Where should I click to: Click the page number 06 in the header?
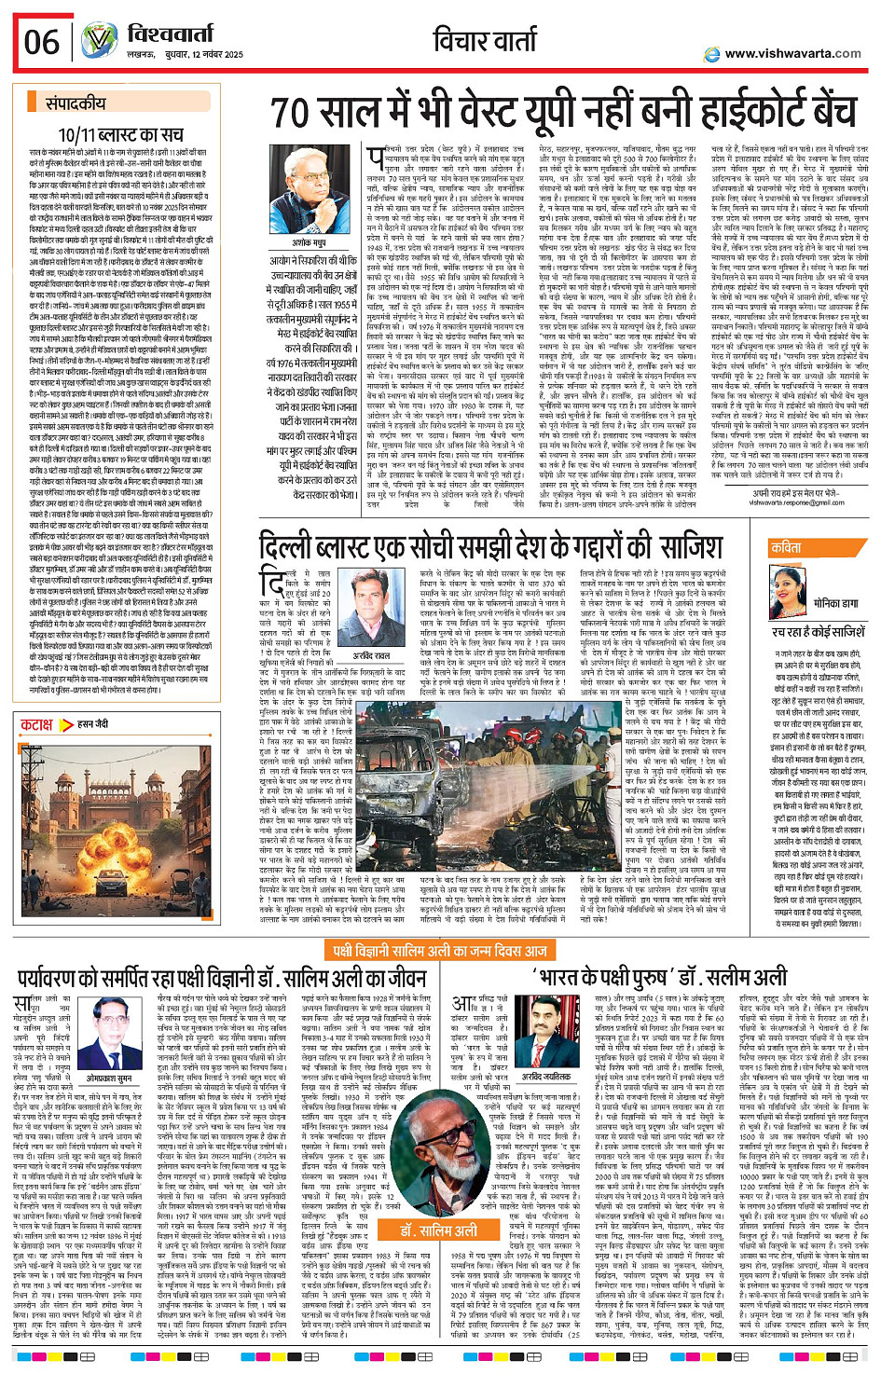(x=42, y=42)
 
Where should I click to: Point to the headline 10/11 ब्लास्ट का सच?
(x=121, y=135)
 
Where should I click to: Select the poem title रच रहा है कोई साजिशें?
(x=818, y=632)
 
